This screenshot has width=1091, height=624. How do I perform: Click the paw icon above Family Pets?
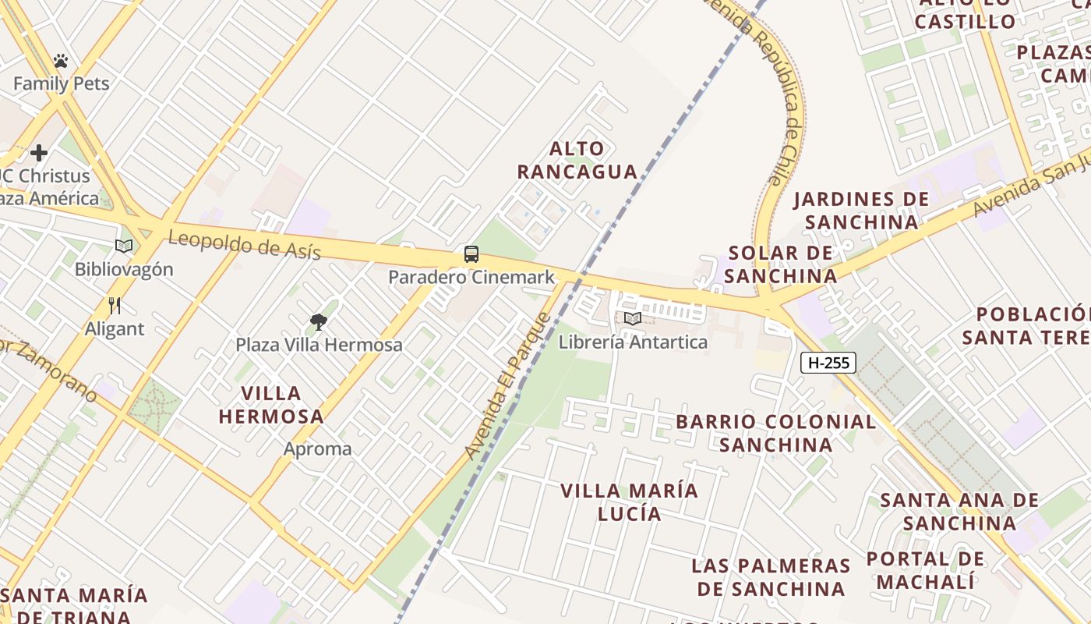point(61,61)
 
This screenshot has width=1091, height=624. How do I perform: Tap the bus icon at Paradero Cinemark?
point(471,254)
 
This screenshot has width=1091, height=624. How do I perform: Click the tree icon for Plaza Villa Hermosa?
point(318,321)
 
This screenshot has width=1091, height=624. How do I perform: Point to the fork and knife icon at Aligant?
point(115,305)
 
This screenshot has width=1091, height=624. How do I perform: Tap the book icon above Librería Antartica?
point(633,318)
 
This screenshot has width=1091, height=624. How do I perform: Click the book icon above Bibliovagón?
point(124,246)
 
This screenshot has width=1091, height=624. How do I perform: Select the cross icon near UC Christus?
point(39,153)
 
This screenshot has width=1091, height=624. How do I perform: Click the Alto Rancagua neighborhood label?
point(577,160)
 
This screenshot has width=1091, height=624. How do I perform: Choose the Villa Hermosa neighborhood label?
point(271,404)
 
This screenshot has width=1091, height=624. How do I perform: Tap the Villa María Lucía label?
point(630,502)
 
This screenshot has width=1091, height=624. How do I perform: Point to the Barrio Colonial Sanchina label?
point(775,433)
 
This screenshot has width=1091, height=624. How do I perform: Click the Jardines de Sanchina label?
point(861,211)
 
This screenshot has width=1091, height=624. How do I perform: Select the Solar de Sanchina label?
point(781,264)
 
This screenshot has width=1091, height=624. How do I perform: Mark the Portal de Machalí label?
point(926,570)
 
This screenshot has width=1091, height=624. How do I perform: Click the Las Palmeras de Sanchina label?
point(771,576)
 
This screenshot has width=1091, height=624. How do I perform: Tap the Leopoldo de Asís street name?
point(244,245)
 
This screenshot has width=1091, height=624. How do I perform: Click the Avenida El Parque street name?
point(508,385)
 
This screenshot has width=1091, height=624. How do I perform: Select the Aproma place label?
point(317,449)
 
